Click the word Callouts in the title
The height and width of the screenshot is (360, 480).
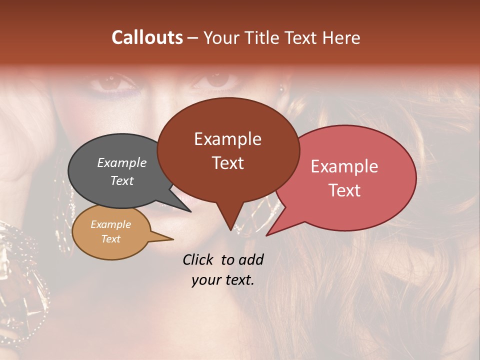point(147,38)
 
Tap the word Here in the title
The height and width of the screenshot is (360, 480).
point(340,38)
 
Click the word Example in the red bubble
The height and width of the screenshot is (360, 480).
point(344,166)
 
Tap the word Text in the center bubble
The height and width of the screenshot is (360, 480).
point(228,163)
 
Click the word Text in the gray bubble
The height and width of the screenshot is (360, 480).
point(121,181)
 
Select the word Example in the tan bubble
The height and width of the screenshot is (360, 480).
point(110,224)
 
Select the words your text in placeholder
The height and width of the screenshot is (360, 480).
point(223,280)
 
